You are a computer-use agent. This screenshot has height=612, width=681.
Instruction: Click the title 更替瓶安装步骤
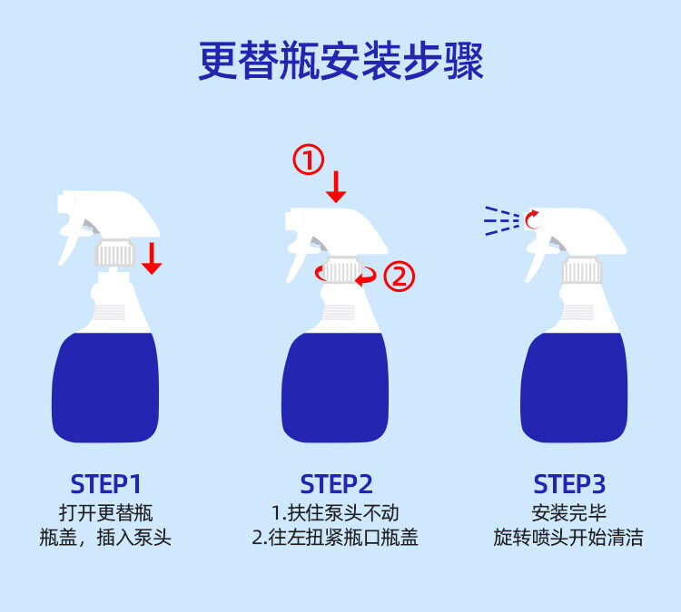click(x=340, y=61)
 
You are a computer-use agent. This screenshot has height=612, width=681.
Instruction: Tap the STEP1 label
click(x=106, y=484)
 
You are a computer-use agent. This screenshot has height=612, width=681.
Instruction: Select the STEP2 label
click(x=337, y=484)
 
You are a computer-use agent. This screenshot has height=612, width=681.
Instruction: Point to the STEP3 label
click(x=569, y=484)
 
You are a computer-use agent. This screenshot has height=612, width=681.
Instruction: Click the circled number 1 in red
click(x=308, y=160)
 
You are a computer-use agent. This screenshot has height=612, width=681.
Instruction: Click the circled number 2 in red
click(x=400, y=277)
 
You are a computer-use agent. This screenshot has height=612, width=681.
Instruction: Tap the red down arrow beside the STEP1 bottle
click(x=152, y=258)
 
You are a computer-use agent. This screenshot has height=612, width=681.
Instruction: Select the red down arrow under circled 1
click(x=336, y=187)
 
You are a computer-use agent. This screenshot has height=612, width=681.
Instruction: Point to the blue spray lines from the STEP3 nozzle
click(x=501, y=220)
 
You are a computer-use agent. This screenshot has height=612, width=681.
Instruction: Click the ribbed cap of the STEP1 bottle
click(x=115, y=253)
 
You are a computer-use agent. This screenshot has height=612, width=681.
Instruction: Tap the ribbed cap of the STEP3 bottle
click(x=582, y=270)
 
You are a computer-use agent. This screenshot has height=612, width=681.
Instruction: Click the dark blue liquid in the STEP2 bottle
click(x=335, y=387)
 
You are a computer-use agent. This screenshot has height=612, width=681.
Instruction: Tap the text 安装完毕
click(x=569, y=513)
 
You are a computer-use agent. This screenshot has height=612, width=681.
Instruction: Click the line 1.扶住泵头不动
click(x=335, y=513)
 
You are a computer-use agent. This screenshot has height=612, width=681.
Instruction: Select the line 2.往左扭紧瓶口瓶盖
click(x=335, y=538)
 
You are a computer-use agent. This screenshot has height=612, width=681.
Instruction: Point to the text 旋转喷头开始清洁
click(x=568, y=538)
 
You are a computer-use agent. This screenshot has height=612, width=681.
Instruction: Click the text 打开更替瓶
click(x=106, y=513)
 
